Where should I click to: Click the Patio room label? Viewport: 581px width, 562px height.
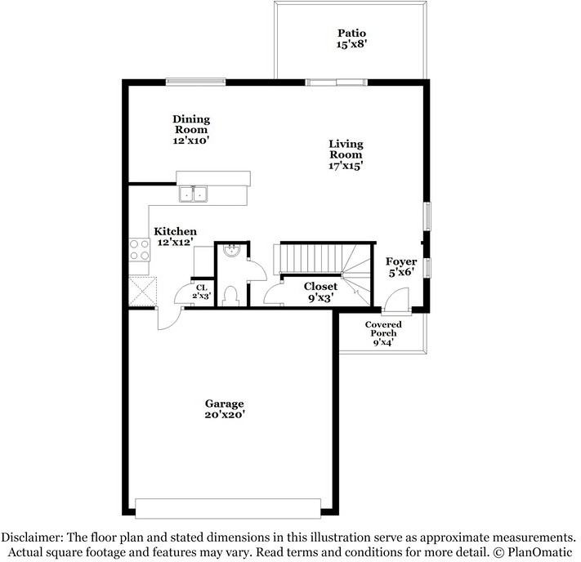[x=346, y=33]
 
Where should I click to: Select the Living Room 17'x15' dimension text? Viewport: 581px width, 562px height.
[x=346, y=166]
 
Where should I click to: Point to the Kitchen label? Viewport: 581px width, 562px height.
[x=176, y=231]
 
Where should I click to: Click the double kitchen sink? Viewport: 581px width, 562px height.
[x=194, y=194]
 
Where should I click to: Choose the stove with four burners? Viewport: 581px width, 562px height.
[x=139, y=249]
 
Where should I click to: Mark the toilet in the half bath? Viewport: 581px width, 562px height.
[x=230, y=294]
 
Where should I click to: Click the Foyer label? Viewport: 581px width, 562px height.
[x=402, y=261]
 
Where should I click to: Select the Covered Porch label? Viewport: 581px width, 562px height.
[x=383, y=328]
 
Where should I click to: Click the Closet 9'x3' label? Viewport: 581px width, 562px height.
[x=320, y=292]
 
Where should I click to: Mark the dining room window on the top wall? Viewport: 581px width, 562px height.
[x=195, y=81]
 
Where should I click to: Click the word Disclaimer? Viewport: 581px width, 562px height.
[x=34, y=537]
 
